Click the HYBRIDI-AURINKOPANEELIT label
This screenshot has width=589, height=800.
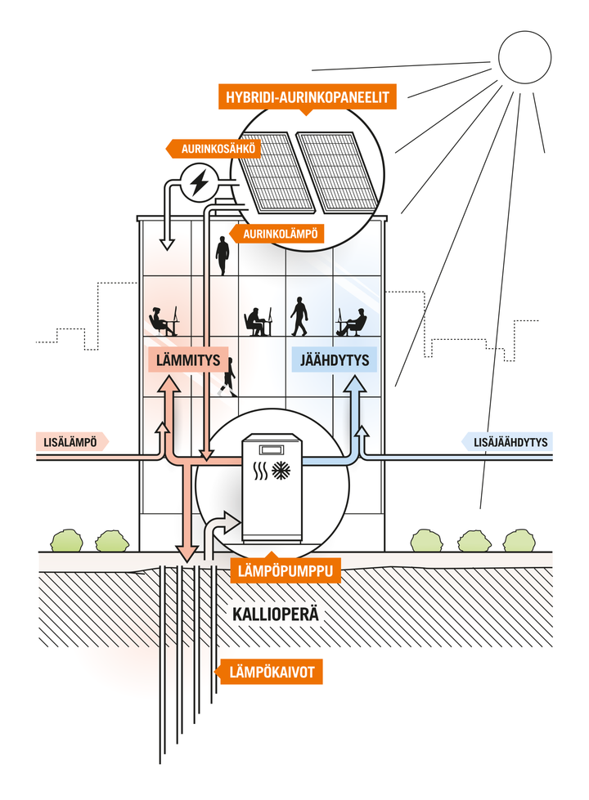pyautogui.click(x=307, y=97)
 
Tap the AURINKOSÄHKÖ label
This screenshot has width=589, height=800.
pyautogui.click(x=218, y=149)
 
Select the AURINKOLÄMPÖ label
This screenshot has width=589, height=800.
pyautogui.click(x=280, y=235)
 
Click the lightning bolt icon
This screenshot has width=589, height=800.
pyautogui.click(x=198, y=183)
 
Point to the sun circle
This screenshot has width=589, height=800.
pyautogui.click(x=524, y=56)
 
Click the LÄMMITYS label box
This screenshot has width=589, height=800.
pyautogui.click(x=188, y=360)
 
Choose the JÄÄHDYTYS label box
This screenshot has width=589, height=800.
pyautogui.click(x=334, y=360)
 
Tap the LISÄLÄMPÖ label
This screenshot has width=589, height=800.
pyautogui.click(x=72, y=442)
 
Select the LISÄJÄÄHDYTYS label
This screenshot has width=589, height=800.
pyautogui.click(x=507, y=442)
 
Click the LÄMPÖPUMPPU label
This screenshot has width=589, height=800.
pyautogui.click(x=286, y=571)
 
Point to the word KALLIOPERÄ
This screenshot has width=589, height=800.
pyautogui.click(x=276, y=614)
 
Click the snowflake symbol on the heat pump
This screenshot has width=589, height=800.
pyautogui.click(x=280, y=471)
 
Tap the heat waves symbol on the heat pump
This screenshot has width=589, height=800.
pyautogui.click(x=260, y=472)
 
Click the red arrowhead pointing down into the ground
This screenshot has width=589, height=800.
pyautogui.click(x=187, y=552)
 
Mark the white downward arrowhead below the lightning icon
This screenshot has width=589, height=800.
pyautogui.click(x=165, y=244)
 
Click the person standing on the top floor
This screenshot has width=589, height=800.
pyautogui.click(x=223, y=256)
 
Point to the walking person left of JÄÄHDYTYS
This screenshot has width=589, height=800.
pyautogui.click(x=299, y=316)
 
